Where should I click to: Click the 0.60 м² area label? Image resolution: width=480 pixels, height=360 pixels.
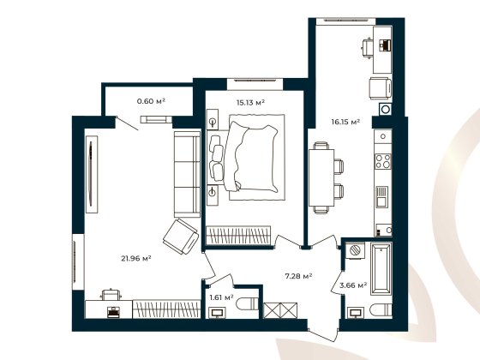[x=151, y=101]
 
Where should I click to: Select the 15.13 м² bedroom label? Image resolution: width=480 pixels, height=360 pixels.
[x=250, y=103]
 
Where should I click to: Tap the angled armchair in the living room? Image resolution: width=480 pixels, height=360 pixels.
[x=182, y=236]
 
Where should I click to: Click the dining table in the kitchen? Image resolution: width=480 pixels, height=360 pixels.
[x=321, y=176]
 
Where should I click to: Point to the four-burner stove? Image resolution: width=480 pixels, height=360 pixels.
[x=382, y=160]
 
